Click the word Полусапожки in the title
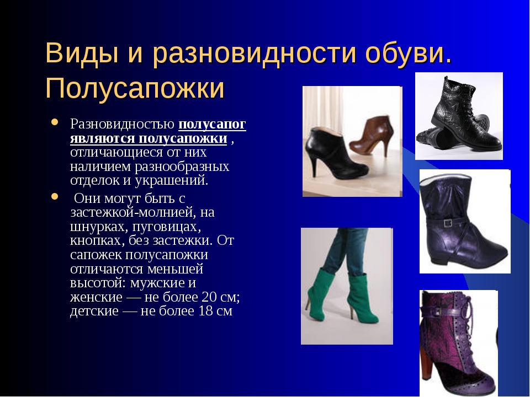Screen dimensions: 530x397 135,88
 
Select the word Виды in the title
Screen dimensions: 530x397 82,53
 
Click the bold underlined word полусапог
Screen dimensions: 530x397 212,125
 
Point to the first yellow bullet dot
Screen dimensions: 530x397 55,122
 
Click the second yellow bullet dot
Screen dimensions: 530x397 55,196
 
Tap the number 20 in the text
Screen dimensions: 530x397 209,297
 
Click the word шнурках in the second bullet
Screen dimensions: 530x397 99,227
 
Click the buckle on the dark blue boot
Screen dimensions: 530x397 448,223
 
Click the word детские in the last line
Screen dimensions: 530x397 94,311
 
